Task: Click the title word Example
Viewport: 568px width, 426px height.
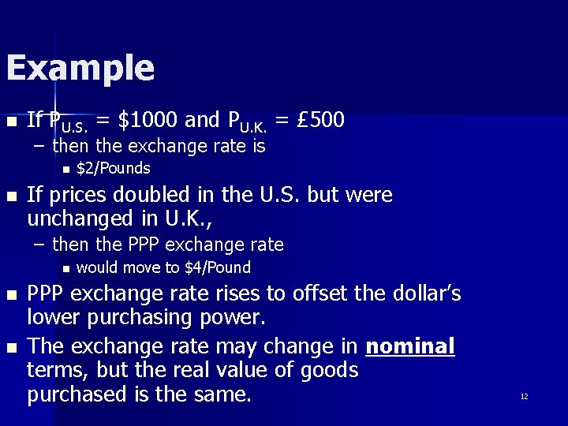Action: coord(80,69)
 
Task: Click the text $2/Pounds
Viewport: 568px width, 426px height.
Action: coord(113,168)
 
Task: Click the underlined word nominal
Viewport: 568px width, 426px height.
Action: coord(410,346)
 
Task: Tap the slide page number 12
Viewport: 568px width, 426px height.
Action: coord(524,396)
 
